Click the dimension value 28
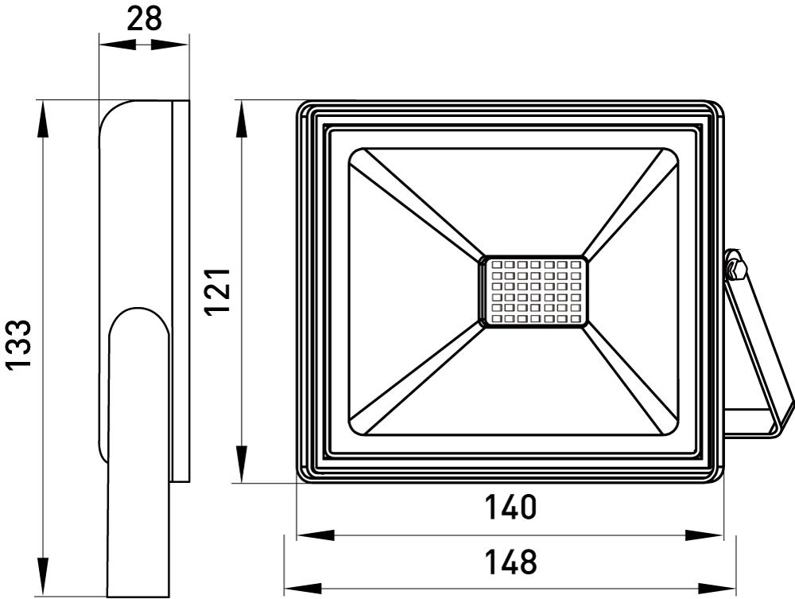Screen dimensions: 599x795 (x=143, y=18)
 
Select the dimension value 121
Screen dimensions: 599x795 (x=218, y=290)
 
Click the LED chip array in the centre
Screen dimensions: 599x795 (x=532, y=291)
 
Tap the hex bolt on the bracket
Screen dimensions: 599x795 (x=735, y=266)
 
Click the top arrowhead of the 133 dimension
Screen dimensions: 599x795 (x=43, y=116)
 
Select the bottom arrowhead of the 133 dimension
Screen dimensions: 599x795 (x=43, y=579)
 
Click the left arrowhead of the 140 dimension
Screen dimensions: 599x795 (x=312, y=535)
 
